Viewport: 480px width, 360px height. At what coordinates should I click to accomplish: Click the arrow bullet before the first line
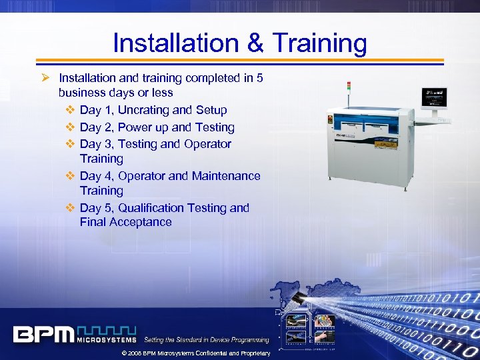[x=47, y=78]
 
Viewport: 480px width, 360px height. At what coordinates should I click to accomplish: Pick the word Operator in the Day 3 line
[x=207, y=143]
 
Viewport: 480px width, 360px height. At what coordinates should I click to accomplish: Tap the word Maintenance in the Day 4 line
[x=226, y=176]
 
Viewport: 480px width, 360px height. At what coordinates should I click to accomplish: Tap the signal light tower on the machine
[x=347, y=89]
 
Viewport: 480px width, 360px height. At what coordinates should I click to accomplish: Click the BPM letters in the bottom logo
[x=43, y=334]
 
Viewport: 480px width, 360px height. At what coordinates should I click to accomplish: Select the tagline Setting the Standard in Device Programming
[x=207, y=340]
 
